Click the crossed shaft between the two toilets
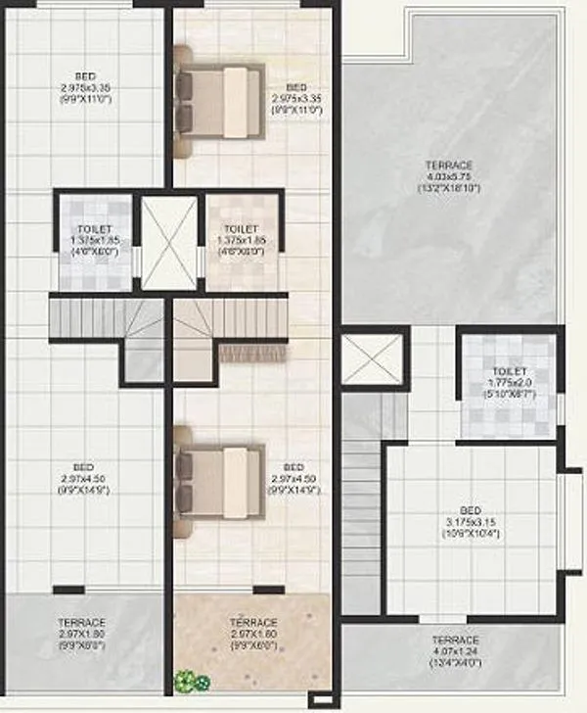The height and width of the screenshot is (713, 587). (x=168, y=243)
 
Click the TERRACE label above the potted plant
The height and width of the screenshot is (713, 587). (x=253, y=622)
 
